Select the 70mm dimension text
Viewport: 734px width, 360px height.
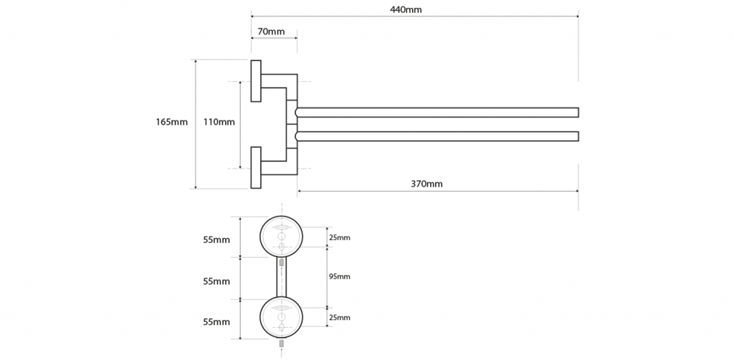tap(271, 32)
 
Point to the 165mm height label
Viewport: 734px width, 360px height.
tap(172, 122)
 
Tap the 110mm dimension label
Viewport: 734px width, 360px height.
tap(219, 122)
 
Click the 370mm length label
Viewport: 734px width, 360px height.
tap(426, 184)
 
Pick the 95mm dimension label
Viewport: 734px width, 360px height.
tap(339, 277)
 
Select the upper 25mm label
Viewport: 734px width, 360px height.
tap(339, 238)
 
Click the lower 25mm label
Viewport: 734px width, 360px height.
tap(339, 318)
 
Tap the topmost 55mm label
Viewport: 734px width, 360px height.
tap(216, 240)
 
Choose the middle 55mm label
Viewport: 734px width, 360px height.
tap(216, 281)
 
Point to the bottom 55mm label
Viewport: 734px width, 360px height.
tap(216, 322)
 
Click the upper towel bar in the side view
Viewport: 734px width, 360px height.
tap(437, 113)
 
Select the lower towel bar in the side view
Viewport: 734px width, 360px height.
tap(437, 136)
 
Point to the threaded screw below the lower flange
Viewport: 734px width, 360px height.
tap(281, 344)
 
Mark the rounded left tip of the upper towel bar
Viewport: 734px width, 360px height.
tap(296, 113)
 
